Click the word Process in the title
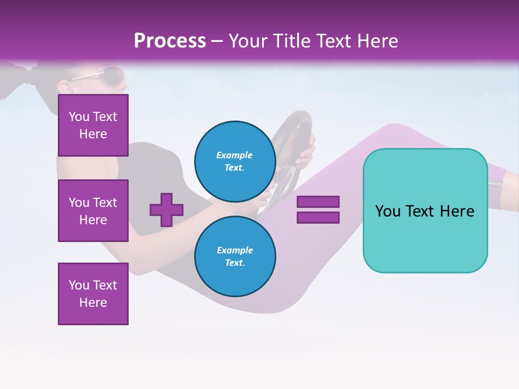(170, 41)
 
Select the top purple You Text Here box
(93, 125)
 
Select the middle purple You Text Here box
(93, 211)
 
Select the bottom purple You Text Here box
(93, 293)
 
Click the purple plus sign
(167, 210)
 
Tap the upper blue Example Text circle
(235, 162)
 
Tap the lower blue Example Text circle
(235, 257)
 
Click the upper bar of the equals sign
(318, 202)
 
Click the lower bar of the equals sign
(318, 217)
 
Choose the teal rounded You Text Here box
(425, 211)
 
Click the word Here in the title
(377, 41)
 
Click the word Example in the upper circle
(235, 155)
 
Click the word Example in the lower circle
(235, 250)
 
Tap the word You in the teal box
(388, 211)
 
